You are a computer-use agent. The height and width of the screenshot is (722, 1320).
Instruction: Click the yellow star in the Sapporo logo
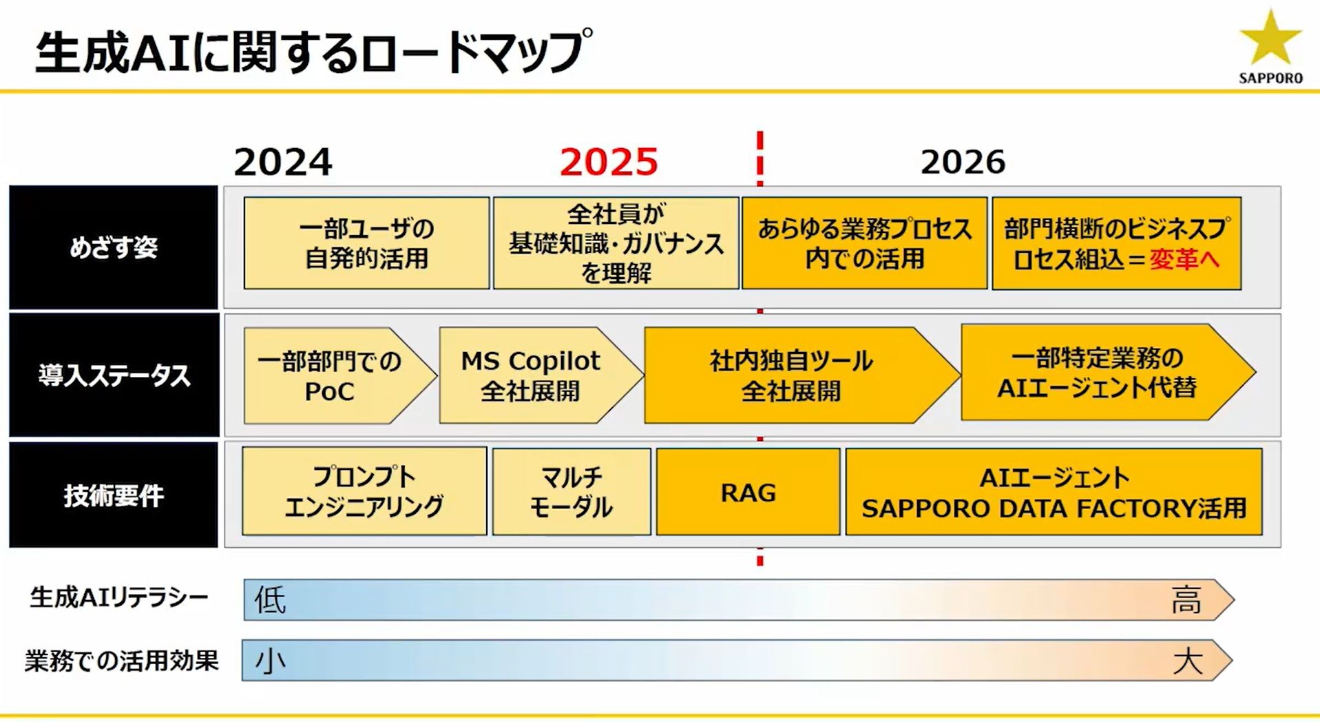1270,40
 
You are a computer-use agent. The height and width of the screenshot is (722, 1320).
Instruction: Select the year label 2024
283,162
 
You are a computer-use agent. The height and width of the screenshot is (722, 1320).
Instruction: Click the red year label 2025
609,162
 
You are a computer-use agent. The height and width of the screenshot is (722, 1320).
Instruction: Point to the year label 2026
963,162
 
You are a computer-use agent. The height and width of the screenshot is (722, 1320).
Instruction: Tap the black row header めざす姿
114,247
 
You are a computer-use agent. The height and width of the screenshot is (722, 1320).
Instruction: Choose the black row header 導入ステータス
114,375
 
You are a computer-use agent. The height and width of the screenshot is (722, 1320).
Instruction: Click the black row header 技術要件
114,495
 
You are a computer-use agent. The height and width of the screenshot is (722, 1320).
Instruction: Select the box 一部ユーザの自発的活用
366,243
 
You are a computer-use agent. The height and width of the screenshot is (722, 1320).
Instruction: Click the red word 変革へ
1184,259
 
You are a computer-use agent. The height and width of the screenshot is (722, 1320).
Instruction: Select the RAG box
748,492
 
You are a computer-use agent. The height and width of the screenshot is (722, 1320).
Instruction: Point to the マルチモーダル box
572,492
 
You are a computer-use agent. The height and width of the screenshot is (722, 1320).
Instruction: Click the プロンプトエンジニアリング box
364,491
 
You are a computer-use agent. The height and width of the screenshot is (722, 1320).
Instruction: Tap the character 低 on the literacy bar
270,600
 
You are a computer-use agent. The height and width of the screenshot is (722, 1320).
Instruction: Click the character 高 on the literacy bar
1186,600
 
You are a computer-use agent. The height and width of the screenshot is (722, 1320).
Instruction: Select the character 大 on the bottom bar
1188,661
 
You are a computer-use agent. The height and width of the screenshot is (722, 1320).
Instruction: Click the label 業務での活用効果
122,661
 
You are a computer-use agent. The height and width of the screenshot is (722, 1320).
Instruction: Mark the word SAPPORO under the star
1271,79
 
